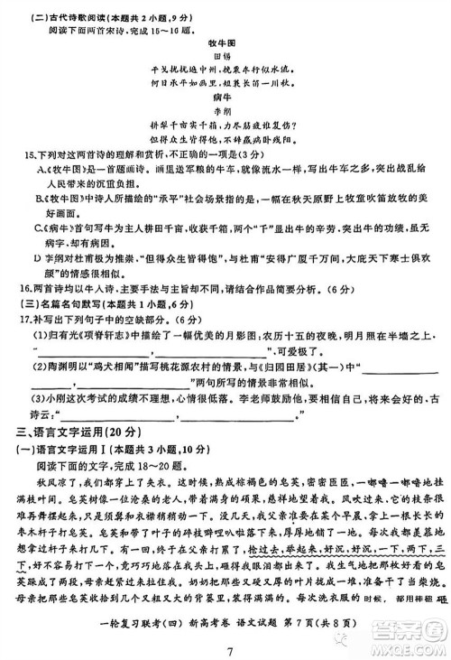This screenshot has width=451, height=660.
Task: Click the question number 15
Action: tap(29, 155)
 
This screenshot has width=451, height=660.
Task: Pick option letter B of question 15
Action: tap(40, 197)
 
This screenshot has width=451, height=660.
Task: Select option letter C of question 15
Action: tap(40, 227)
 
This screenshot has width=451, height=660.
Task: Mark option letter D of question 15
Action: tap(40, 257)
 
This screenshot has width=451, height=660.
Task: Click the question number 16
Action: tap(29, 288)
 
